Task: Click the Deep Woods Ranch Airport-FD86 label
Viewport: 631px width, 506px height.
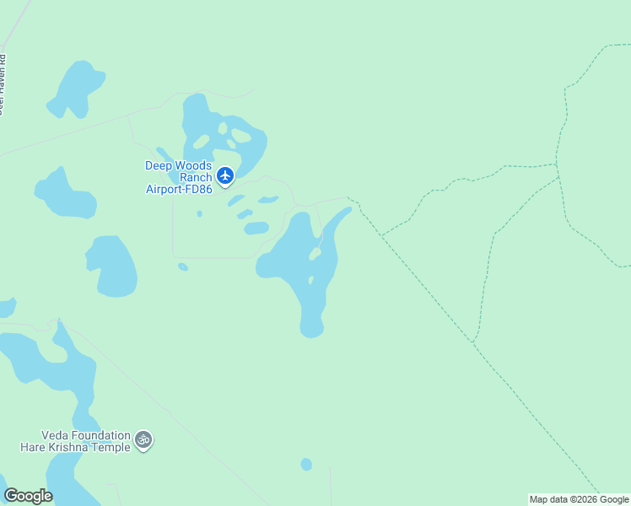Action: (179, 177)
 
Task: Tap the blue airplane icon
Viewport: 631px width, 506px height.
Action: (224, 175)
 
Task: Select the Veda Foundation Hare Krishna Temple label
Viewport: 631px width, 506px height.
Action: (75, 441)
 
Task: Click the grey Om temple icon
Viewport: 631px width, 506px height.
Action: (144, 439)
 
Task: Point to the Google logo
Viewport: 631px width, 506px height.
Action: (28, 496)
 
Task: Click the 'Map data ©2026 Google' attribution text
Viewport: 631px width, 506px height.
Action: (579, 499)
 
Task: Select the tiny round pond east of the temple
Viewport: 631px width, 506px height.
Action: (306, 464)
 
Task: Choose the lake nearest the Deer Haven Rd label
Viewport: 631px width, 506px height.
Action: (76, 89)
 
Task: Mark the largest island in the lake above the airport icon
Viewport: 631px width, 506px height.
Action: (241, 136)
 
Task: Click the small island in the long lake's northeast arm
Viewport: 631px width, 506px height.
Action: (315, 253)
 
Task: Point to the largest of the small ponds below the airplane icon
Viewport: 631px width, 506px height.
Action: (256, 228)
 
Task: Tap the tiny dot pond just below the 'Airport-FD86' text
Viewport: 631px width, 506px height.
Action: (199, 213)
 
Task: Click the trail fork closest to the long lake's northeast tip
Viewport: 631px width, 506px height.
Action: (360, 205)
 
